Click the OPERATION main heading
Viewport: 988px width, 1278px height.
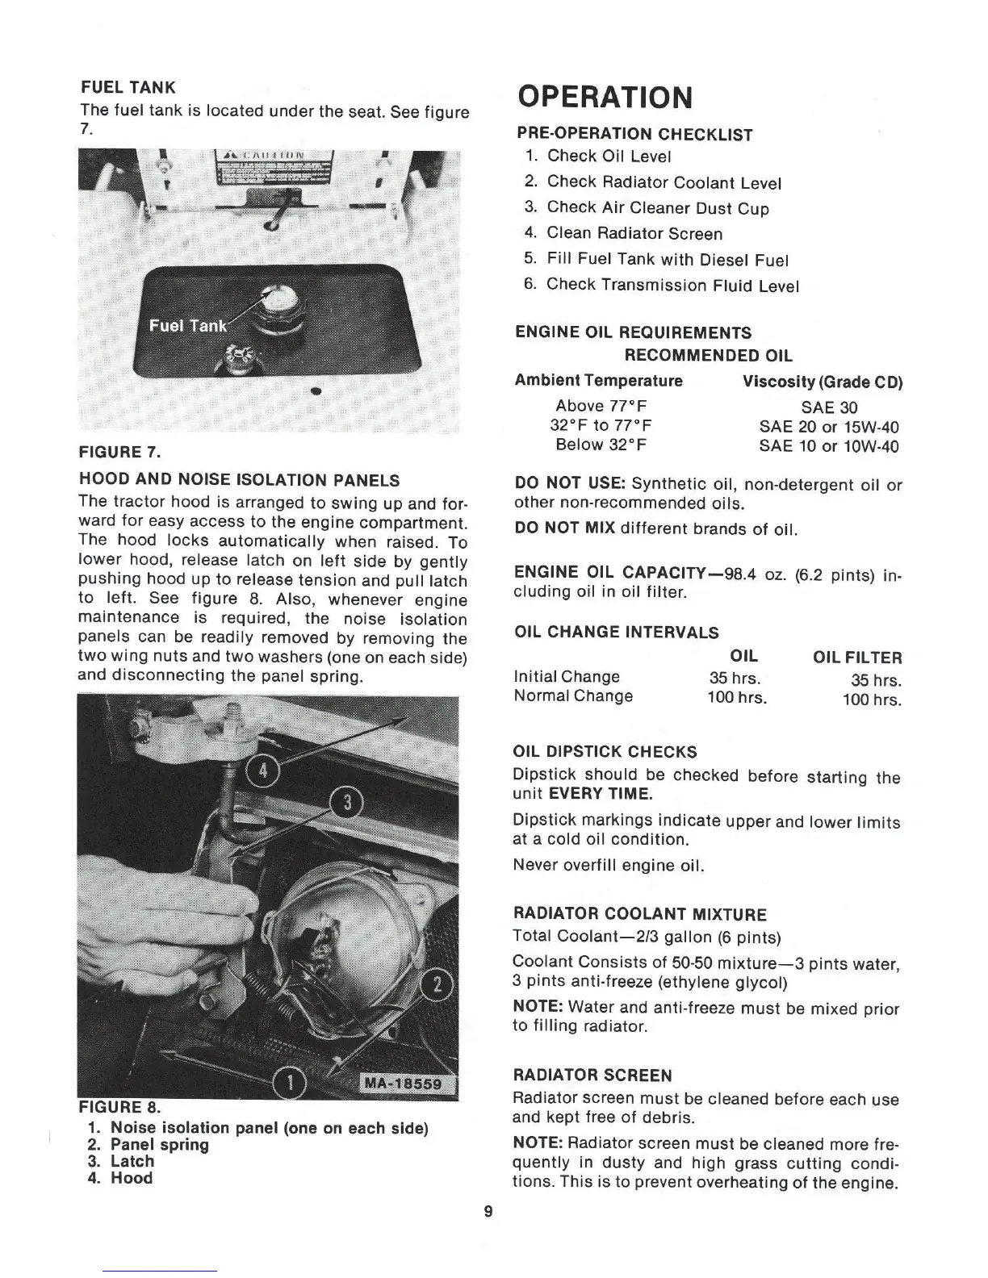coord(605,97)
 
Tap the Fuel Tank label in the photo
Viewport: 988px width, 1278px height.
coord(188,325)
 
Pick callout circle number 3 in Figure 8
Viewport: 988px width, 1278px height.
coord(347,804)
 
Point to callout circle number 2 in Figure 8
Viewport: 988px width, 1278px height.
coord(438,986)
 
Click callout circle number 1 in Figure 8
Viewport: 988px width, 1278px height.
coord(291,1081)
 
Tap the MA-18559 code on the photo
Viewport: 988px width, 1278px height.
coord(404,1084)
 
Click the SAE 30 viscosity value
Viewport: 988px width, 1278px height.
coord(829,407)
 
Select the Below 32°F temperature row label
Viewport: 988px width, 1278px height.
coord(601,445)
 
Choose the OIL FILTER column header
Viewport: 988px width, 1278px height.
coord(857,658)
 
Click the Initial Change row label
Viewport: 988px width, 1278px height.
coord(567,676)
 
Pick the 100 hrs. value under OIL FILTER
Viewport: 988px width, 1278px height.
coord(872,700)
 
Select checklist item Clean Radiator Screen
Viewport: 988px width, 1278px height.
coord(634,234)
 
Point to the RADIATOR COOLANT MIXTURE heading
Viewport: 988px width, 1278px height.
coord(639,914)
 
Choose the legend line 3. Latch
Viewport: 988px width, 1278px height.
coord(121,1161)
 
